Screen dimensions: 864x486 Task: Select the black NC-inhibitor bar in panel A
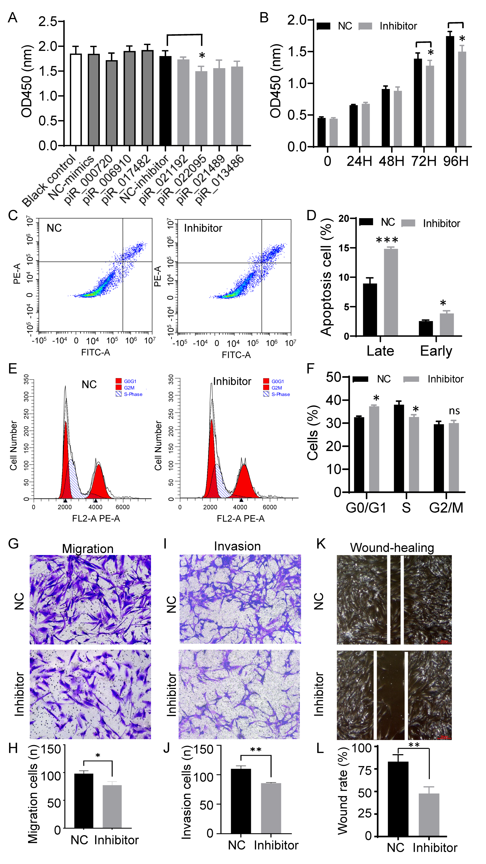pyautogui.click(x=165, y=101)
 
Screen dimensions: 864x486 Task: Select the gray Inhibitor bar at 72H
pyautogui.click(x=430, y=106)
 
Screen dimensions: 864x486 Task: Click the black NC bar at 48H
pyautogui.click(x=386, y=117)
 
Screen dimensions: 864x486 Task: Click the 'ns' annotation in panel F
pyautogui.click(x=454, y=411)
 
